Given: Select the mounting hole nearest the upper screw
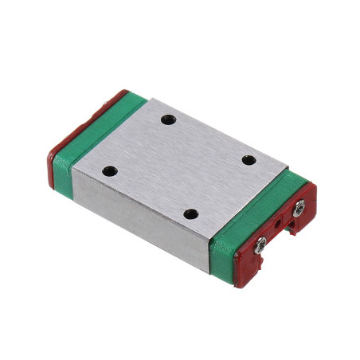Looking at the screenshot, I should (x=248, y=160).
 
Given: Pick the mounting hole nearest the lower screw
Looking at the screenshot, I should (x=190, y=213).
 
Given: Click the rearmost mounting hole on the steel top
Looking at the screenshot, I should (x=167, y=120).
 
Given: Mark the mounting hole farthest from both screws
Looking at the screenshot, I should (x=111, y=170).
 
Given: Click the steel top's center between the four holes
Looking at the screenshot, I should (x=179, y=166).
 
